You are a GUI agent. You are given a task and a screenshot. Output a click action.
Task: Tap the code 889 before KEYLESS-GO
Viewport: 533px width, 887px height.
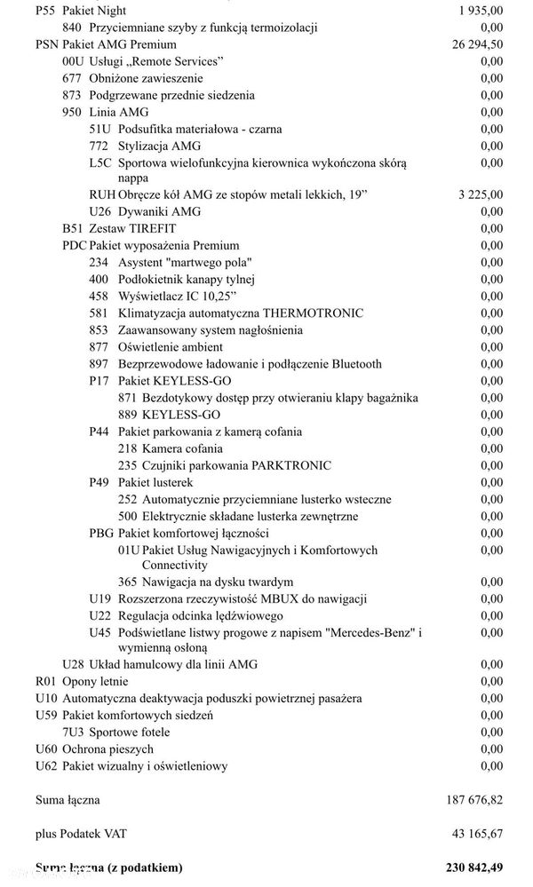[129, 415]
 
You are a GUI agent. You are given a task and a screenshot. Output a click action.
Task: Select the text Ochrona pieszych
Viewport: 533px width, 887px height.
[108, 749]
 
